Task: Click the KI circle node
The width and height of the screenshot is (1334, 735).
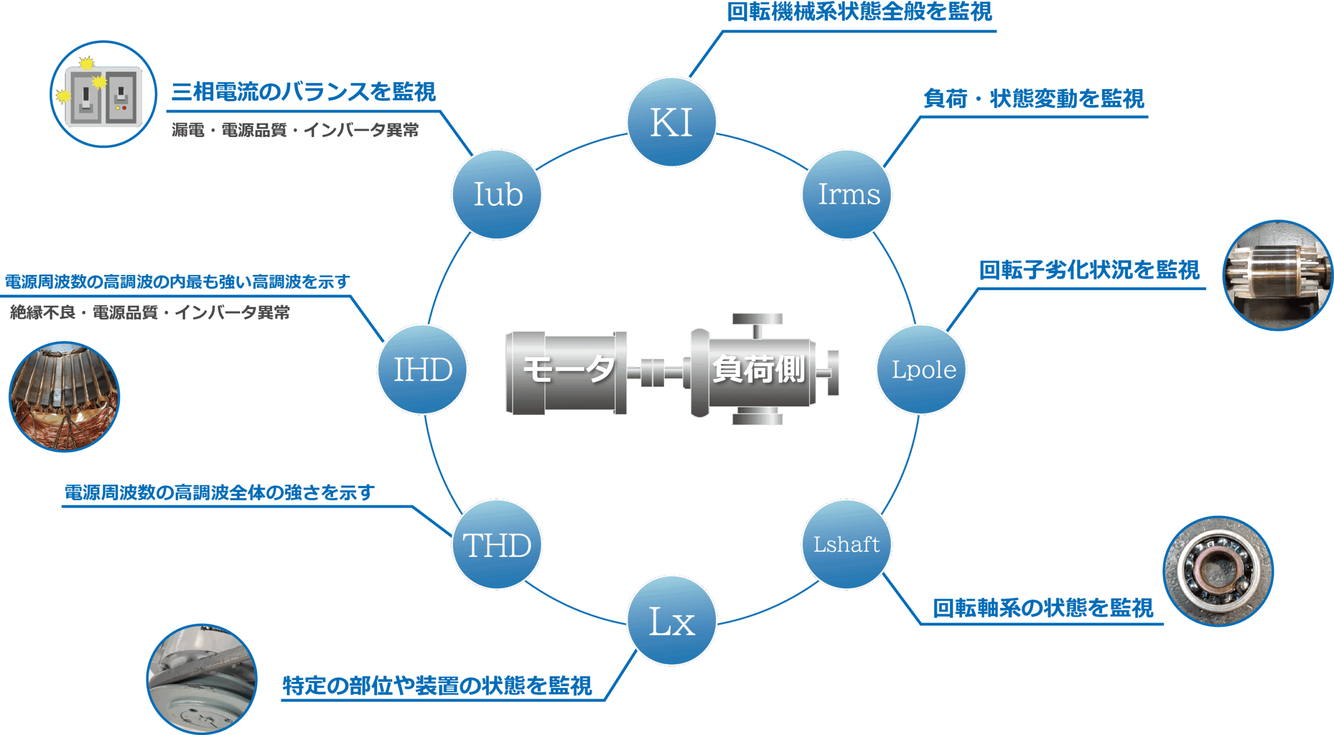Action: [672, 122]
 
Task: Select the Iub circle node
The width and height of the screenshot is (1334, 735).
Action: [497, 194]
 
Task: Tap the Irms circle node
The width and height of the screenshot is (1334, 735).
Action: [847, 194]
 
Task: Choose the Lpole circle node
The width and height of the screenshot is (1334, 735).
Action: [922, 369]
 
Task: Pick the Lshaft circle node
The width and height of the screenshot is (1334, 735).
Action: [847, 544]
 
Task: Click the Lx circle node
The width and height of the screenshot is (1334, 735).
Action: [672, 620]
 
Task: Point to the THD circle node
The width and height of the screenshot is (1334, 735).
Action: [497, 544]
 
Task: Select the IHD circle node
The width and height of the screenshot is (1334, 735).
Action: [423, 369]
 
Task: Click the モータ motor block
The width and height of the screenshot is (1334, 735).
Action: [567, 372]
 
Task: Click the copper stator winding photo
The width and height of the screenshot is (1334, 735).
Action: [65, 397]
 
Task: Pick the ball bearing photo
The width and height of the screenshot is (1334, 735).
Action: [1218, 571]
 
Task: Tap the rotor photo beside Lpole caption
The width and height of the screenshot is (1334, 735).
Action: [1278, 275]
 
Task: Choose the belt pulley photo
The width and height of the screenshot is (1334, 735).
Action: [202, 679]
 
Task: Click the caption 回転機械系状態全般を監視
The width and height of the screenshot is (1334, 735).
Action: [859, 12]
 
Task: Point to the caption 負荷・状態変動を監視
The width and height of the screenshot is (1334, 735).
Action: [1034, 98]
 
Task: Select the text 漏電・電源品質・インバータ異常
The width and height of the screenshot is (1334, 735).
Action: [295, 130]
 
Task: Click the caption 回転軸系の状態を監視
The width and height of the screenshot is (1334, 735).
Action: [1043, 608]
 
